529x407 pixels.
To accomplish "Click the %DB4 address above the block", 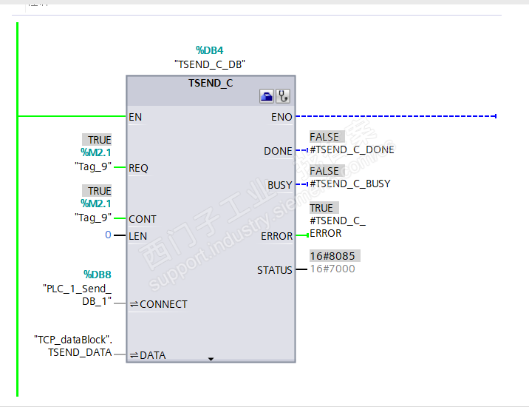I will (x=211, y=50).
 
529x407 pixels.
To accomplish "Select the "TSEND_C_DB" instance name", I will (x=210, y=64).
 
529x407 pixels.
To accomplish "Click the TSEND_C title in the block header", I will (x=211, y=83).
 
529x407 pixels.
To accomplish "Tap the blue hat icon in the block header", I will (x=267, y=96).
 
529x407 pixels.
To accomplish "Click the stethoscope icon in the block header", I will (x=282, y=96).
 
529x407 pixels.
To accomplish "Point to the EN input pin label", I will (x=135, y=117).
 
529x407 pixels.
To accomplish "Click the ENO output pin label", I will (x=282, y=117).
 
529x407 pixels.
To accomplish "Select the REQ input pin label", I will (x=138, y=168).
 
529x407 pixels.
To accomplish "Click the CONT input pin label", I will (x=142, y=219).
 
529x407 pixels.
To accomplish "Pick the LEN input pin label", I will (x=137, y=236).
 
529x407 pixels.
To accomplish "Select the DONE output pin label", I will (x=278, y=151).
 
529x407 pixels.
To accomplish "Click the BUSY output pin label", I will (x=279, y=185).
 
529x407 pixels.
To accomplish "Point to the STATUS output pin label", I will (x=275, y=270).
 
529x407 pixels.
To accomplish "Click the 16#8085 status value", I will (x=332, y=256).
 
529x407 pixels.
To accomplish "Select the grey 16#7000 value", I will (x=332, y=269).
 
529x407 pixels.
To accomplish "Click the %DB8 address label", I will (x=97, y=274).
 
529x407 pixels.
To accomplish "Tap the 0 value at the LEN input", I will (x=108, y=235).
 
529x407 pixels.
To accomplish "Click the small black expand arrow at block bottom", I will (x=211, y=359).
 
